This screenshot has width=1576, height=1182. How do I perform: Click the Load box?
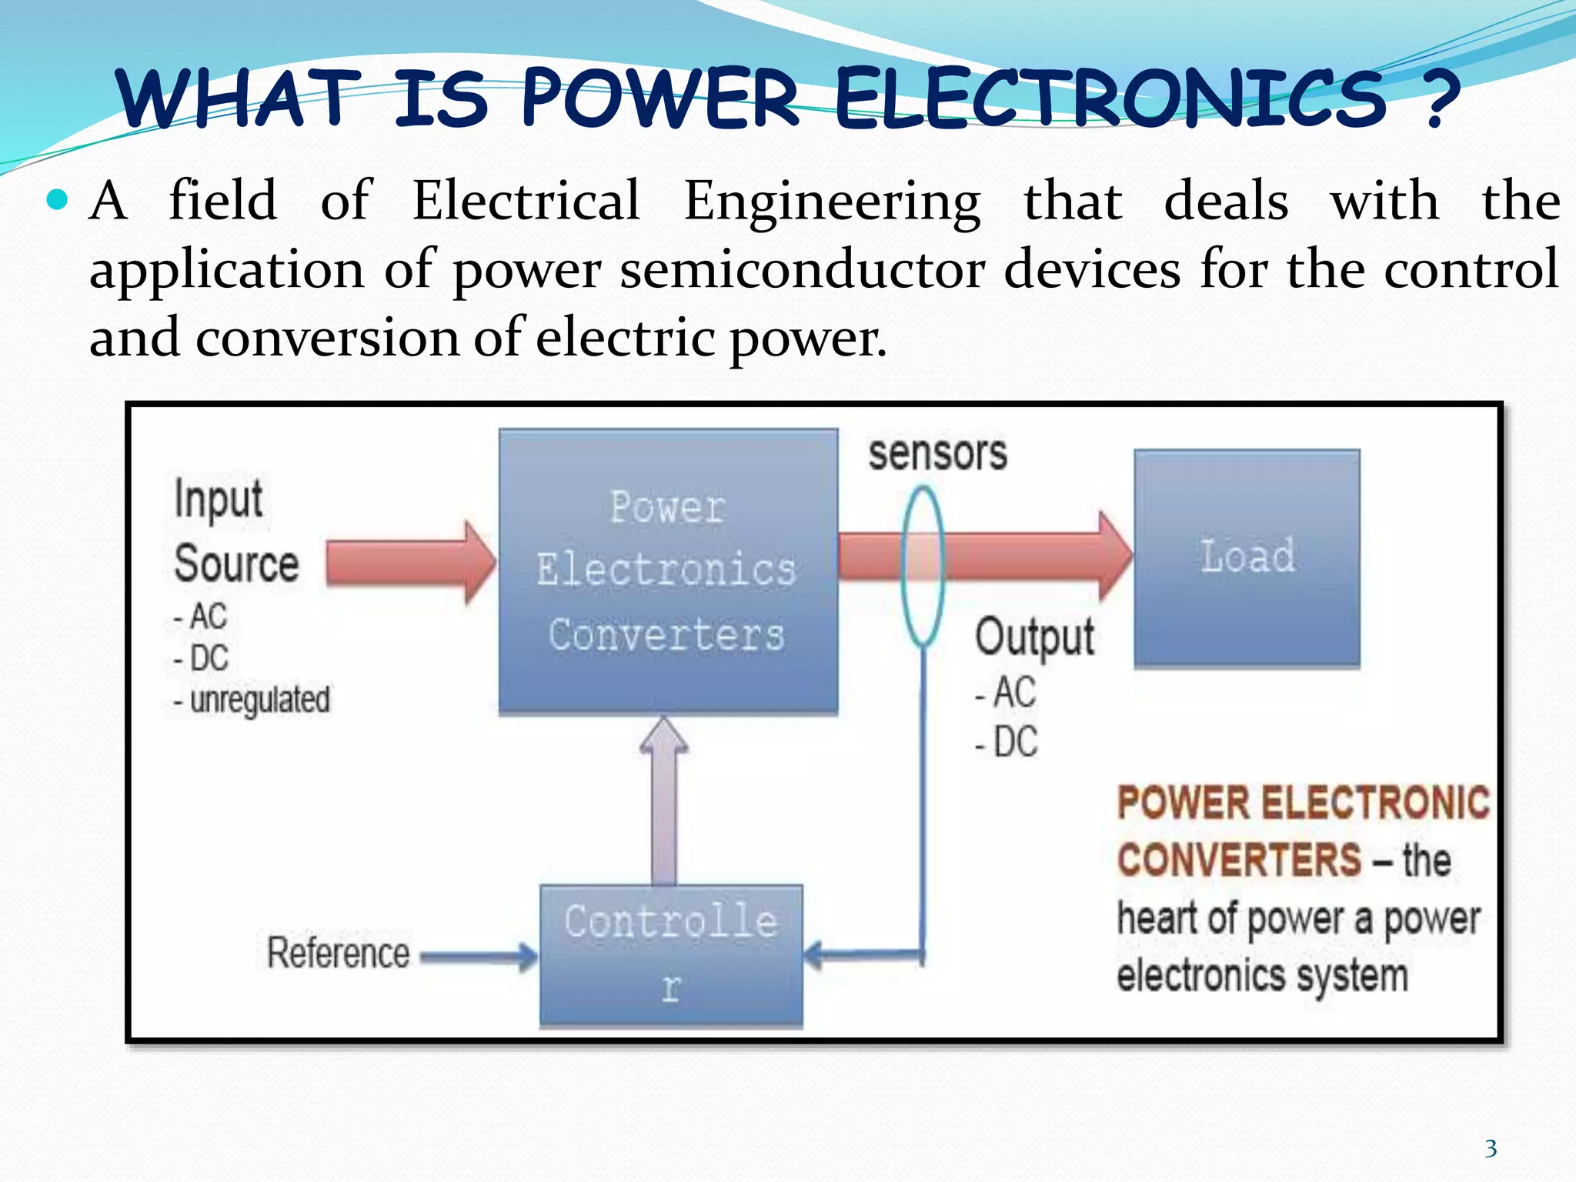[1247, 558]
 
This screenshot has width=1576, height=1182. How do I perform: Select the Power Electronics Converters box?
[668, 572]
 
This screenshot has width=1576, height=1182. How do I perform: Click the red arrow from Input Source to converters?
[408, 562]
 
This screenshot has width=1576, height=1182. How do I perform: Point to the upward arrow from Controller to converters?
[664, 800]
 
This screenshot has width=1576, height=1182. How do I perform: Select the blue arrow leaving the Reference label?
[477, 957]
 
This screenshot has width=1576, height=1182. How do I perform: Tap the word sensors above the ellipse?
[937, 453]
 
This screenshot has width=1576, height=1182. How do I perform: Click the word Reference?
[338, 953]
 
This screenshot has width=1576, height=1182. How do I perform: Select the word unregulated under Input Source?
[259, 700]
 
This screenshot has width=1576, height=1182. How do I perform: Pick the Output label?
[1034, 637]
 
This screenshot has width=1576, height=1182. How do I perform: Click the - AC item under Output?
[1006, 693]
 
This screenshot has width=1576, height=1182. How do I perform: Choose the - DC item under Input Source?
[202, 659]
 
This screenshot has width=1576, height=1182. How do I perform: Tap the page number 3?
[1491, 1149]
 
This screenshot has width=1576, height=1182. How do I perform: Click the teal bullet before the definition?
[58, 201]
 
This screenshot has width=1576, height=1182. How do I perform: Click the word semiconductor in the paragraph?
[803, 270]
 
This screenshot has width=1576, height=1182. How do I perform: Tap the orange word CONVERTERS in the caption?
[1239, 860]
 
